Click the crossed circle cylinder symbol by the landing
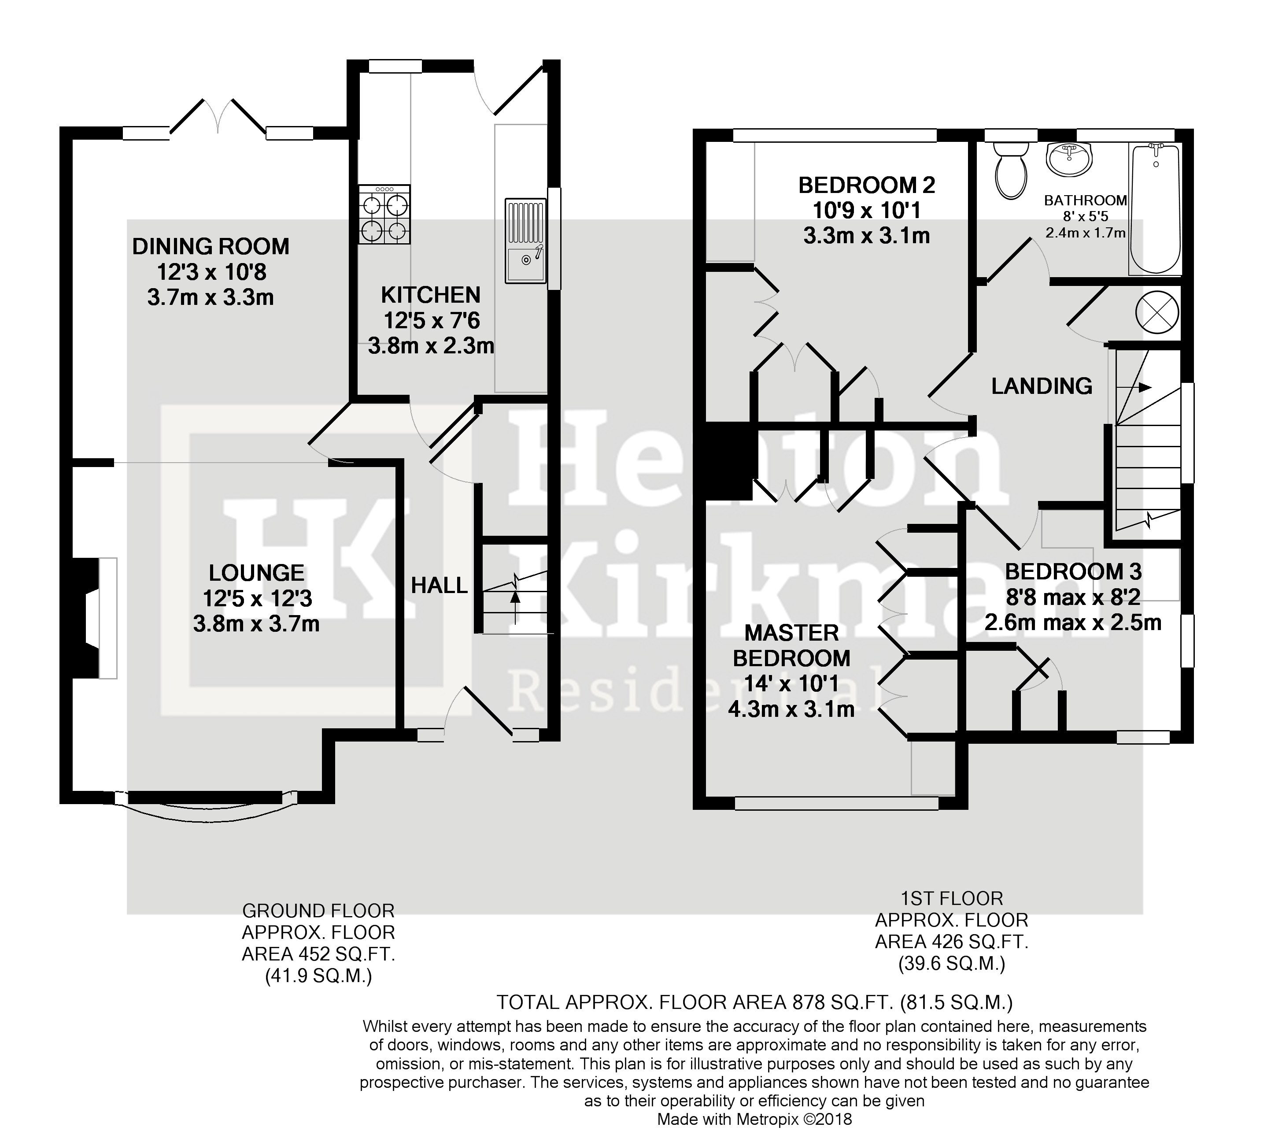click(x=1157, y=312)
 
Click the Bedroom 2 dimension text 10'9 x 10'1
click(x=866, y=210)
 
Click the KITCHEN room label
click(x=431, y=295)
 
